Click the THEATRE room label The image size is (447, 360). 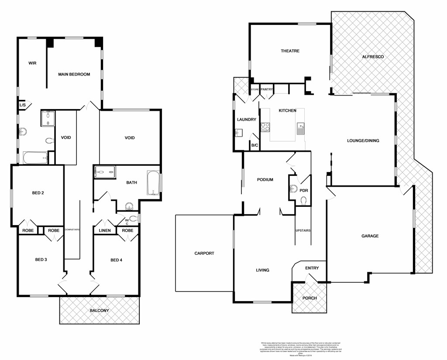pos(290,51)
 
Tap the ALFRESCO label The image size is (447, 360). pos(373,57)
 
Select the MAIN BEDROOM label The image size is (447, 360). pos(74,75)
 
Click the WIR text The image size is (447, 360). pos(32,63)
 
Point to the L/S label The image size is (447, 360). pos(22,105)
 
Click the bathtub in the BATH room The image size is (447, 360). pos(154,182)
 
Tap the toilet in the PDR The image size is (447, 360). pos(304,200)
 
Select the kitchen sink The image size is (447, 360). pos(300,128)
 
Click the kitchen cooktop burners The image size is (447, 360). pos(265,127)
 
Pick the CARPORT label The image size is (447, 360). pos(204,253)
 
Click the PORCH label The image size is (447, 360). pos(309,298)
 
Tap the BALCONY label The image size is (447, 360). pos(100,311)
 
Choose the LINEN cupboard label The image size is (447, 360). pos(105,230)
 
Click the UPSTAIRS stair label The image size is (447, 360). pos(303,230)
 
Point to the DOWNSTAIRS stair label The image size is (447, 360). pos(72,230)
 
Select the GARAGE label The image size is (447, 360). pos(370,236)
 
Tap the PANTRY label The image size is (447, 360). pos(267,90)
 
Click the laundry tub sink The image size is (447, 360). pos(238,133)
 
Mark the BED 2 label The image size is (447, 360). pos(38,193)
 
